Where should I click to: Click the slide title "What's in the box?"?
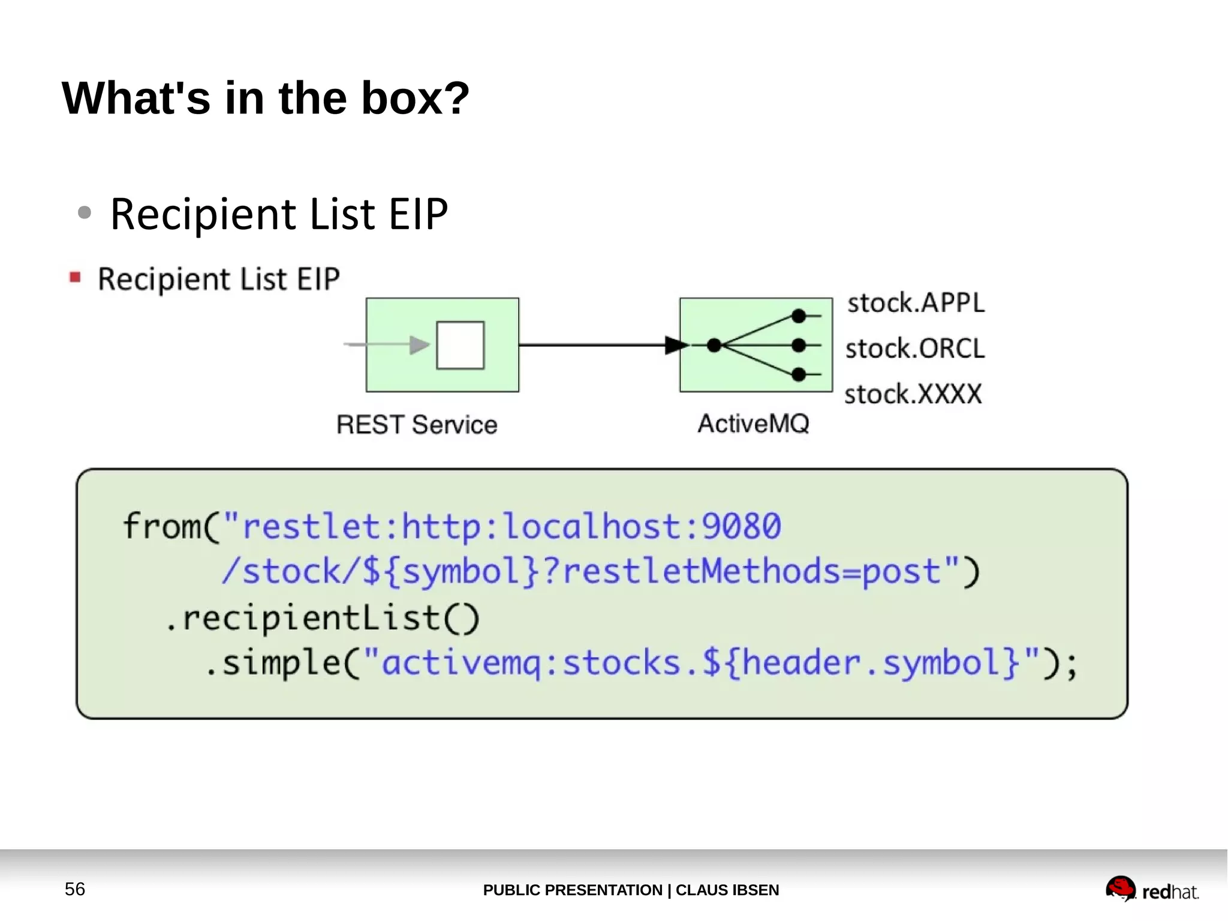(266, 98)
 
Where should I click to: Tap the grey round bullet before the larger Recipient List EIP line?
(85, 212)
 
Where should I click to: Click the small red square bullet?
(75, 277)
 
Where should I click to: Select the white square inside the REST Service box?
(460, 345)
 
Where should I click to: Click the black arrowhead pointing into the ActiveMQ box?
(676, 345)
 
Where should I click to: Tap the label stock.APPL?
(916, 302)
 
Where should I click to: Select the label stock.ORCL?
(915, 349)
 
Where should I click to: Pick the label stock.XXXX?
(913, 394)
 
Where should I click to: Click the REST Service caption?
(417, 425)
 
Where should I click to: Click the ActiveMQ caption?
(753, 424)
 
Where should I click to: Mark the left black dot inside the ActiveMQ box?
(714, 345)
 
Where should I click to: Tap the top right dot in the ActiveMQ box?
(798, 316)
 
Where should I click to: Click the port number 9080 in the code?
(741, 526)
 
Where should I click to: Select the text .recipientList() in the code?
(323, 618)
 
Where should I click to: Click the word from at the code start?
(161, 526)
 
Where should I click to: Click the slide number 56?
(75, 889)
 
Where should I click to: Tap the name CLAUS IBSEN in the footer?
(727, 890)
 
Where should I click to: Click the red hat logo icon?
(1120, 888)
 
